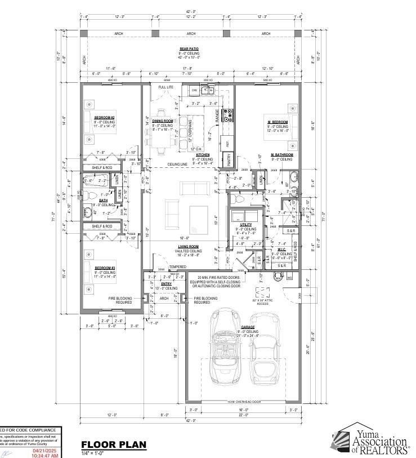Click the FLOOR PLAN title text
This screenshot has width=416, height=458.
pos(113,444)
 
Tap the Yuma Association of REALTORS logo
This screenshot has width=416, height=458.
pos(370,440)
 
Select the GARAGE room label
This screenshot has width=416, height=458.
pos(248,327)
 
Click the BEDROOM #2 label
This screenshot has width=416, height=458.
pos(105,117)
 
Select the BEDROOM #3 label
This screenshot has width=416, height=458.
pos(105,268)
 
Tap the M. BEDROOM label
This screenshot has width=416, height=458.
pos(278,122)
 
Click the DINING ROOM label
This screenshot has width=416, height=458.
pos(162,121)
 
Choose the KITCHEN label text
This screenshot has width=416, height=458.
pos(203,155)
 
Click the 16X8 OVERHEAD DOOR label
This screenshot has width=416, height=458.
pos(248,402)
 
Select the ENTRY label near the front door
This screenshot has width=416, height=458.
pos(167,284)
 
